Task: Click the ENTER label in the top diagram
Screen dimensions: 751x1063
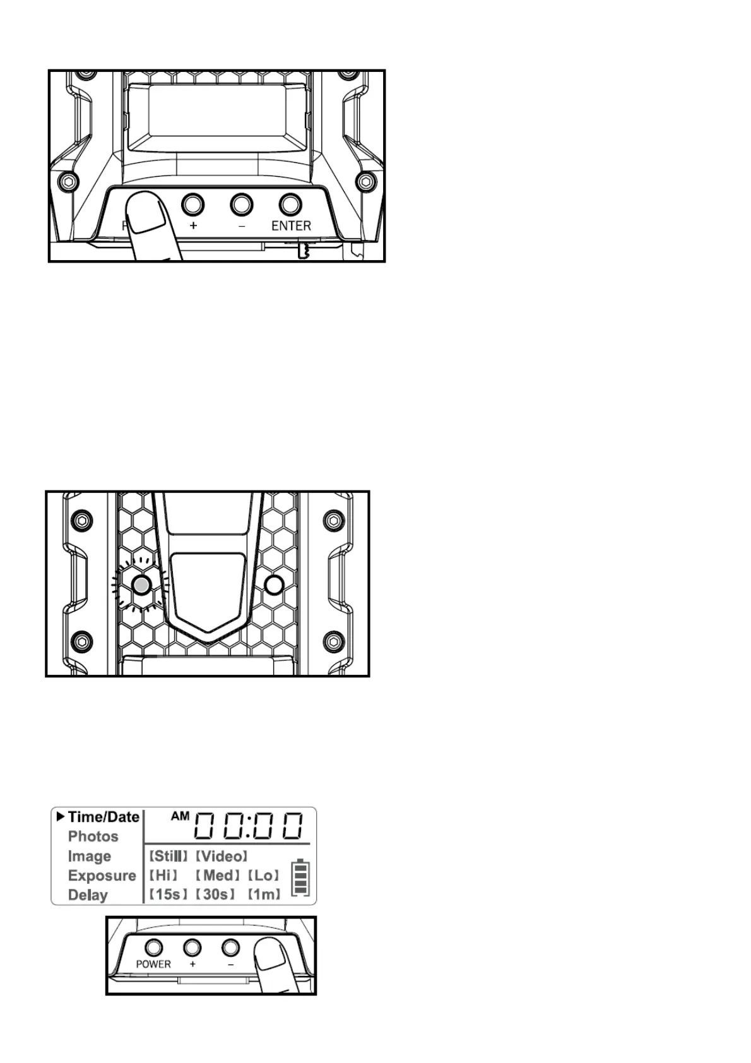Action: (x=291, y=225)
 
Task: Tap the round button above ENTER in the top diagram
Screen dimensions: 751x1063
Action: (x=290, y=204)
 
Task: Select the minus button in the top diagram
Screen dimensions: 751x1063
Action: (x=242, y=205)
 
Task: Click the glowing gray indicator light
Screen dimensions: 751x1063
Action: (x=142, y=585)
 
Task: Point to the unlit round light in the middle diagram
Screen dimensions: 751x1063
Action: (x=274, y=585)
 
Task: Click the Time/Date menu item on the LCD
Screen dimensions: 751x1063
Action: (x=103, y=817)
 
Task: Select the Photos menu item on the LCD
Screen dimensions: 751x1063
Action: (x=93, y=836)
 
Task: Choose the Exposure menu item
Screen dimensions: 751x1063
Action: (x=102, y=876)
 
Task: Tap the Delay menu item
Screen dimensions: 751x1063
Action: (x=88, y=895)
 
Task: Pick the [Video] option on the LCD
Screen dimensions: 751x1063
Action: (x=222, y=856)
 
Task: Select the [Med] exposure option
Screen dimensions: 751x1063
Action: (x=218, y=876)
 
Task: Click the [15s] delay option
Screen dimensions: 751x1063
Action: (x=169, y=894)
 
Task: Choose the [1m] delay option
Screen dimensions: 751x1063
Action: (x=264, y=894)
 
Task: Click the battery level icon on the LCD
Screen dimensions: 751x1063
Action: (x=300, y=877)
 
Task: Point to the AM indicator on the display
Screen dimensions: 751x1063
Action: (x=180, y=816)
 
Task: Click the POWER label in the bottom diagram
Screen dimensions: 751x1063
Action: (x=153, y=964)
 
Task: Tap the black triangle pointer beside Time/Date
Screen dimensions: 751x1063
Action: (x=61, y=817)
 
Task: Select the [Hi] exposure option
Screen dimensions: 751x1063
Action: (x=163, y=876)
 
